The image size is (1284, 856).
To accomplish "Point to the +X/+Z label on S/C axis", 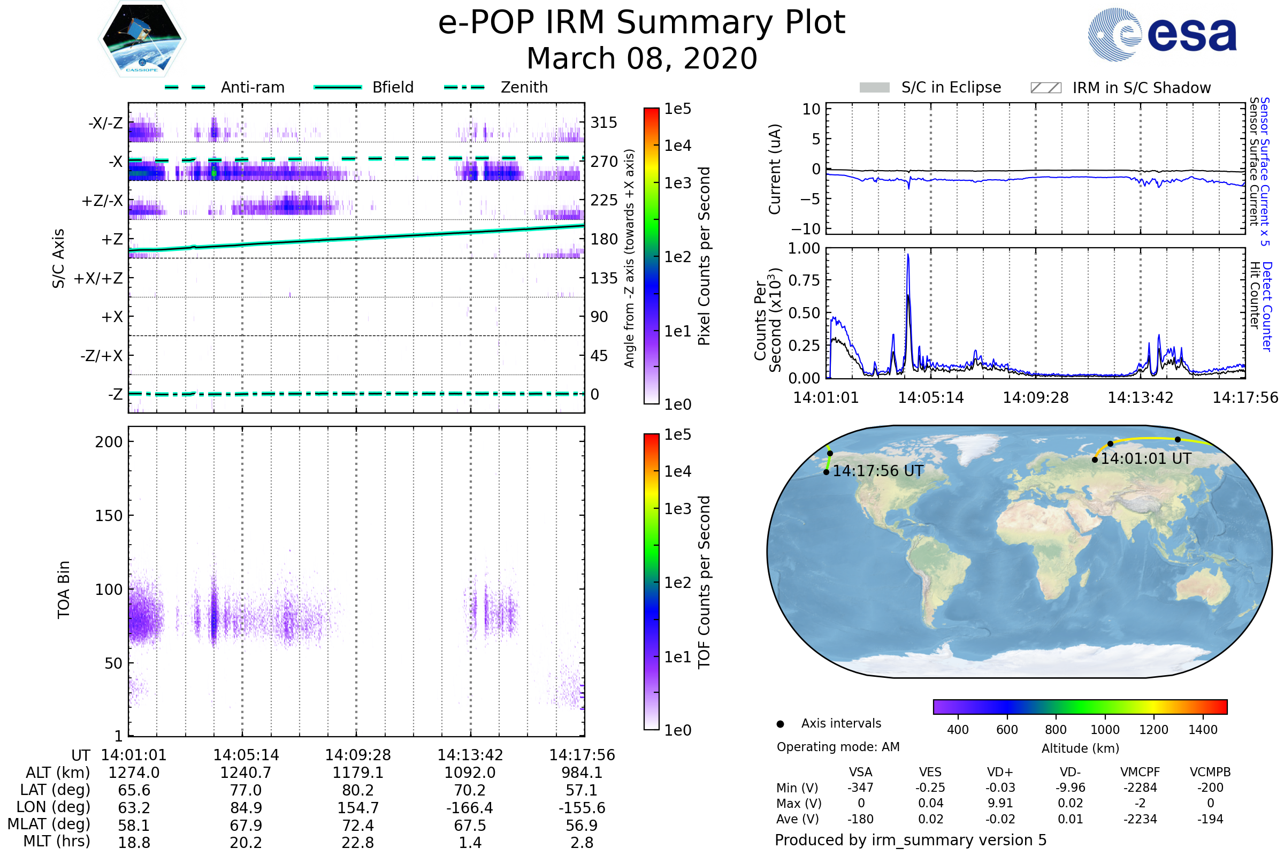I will [x=98, y=278].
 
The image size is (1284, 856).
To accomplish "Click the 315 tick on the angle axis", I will [x=603, y=123].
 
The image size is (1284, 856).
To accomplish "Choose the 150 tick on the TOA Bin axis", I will [x=109, y=516].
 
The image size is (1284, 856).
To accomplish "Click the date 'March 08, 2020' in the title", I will [x=641, y=58].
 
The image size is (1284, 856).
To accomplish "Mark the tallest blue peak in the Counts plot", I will [x=908, y=255].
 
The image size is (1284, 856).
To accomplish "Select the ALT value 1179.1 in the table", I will [x=357, y=773].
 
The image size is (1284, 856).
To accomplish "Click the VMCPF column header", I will [x=1140, y=772].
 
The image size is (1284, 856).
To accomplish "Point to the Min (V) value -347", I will [x=860, y=788].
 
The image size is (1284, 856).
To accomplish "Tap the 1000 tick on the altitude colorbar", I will [x=1104, y=730].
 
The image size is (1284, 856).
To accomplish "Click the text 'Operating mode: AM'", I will [x=838, y=747].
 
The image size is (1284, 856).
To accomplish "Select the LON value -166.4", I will [x=470, y=808].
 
